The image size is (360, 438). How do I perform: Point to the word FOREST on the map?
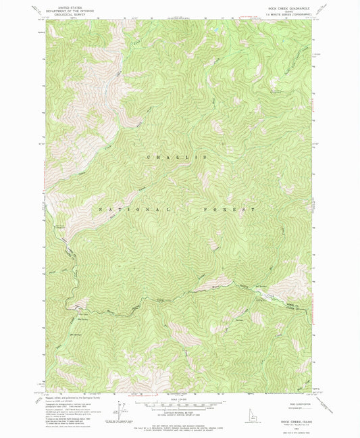point(229,210)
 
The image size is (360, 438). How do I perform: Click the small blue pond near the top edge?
point(217,30)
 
